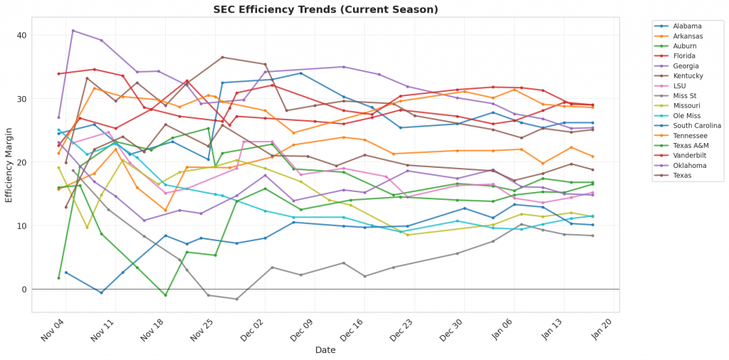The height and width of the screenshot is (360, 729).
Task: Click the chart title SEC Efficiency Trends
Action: [325, 9]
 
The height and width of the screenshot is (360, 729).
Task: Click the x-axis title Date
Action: [325, 350]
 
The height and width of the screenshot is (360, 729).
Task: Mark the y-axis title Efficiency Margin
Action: [9, 162]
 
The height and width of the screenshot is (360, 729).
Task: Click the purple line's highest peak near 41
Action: [73, 31]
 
